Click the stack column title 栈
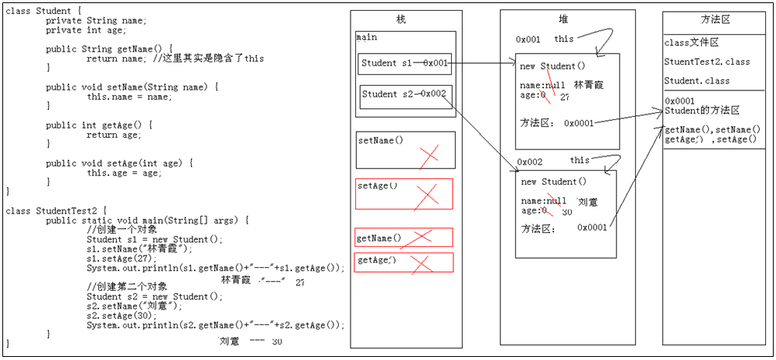point(401,19)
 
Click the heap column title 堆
point(563,19)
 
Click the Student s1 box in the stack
point(404,63)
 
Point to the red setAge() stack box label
point(377,186)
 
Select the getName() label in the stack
point(379,238)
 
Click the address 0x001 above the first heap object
point(527,39)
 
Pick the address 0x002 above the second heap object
point(529,163)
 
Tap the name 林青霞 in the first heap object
point(588,84)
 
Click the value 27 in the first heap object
point(565,97)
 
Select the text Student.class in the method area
point(697,81)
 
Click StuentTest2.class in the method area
point(707,62)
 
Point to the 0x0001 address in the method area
point(679,101)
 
